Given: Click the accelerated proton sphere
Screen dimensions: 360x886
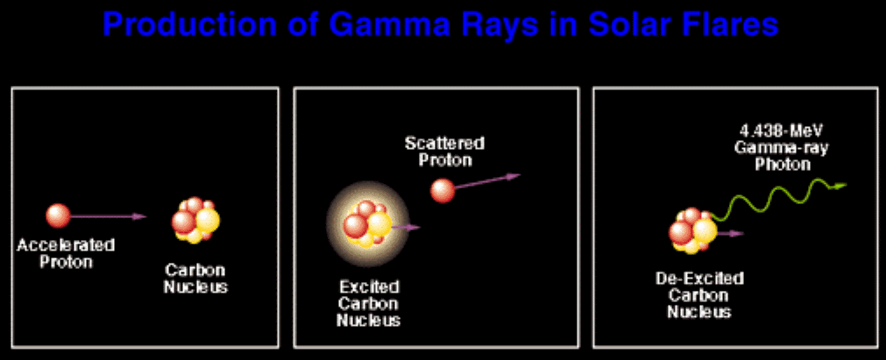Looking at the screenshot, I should coord(58,215).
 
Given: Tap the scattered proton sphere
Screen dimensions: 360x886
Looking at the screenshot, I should coord(443,190).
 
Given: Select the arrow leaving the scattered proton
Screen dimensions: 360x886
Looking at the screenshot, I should coord(487,181).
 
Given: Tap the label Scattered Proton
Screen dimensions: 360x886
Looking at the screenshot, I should coord(444,152).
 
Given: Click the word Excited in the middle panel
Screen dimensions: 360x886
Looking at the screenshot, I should coord(369,287).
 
